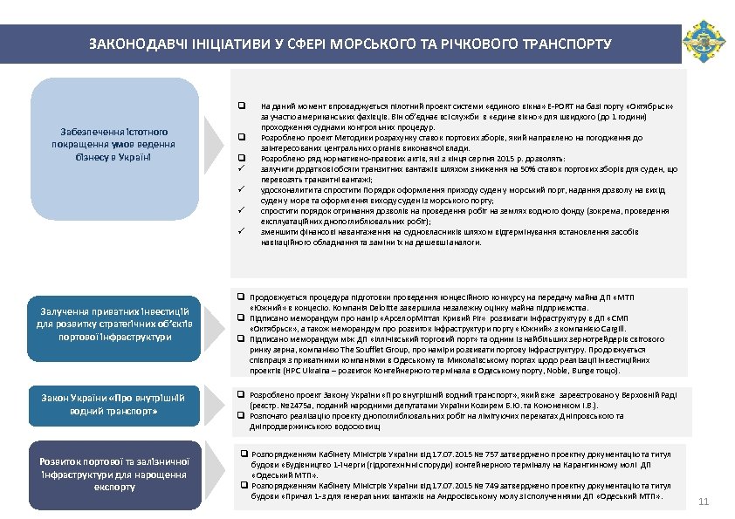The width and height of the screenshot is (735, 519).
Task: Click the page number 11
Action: [x=704, y=501]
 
